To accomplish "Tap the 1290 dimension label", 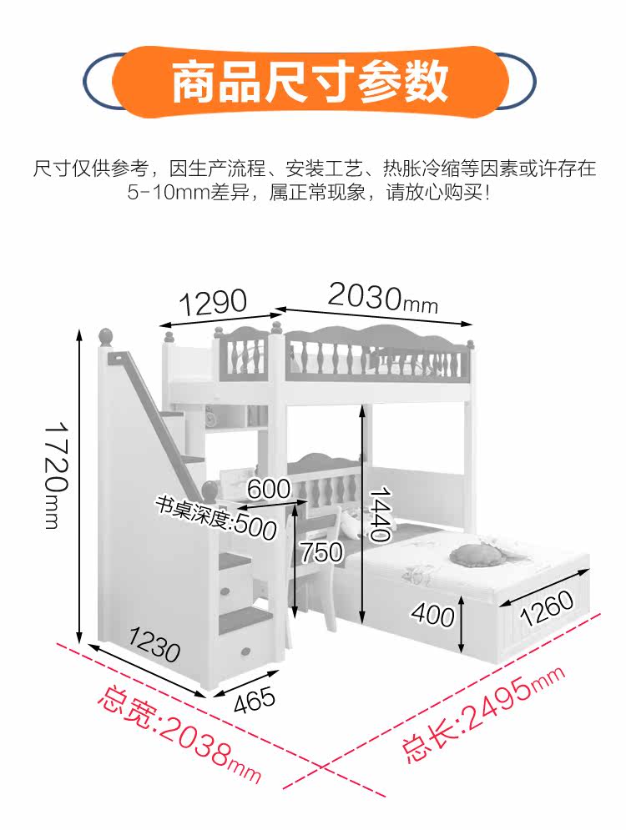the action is pyautogui.click(x=215, y=302).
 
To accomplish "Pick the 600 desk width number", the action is pyautogui.click(x=268, y=490).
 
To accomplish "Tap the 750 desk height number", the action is pyautogui.click(x=321, y=551).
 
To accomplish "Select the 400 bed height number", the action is pyautogui.click(x=432, y=616).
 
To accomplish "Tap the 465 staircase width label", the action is pyautogui.click(x=254, y=699).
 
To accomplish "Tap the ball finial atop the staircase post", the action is pyautogui.click(x=106, y=337).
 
